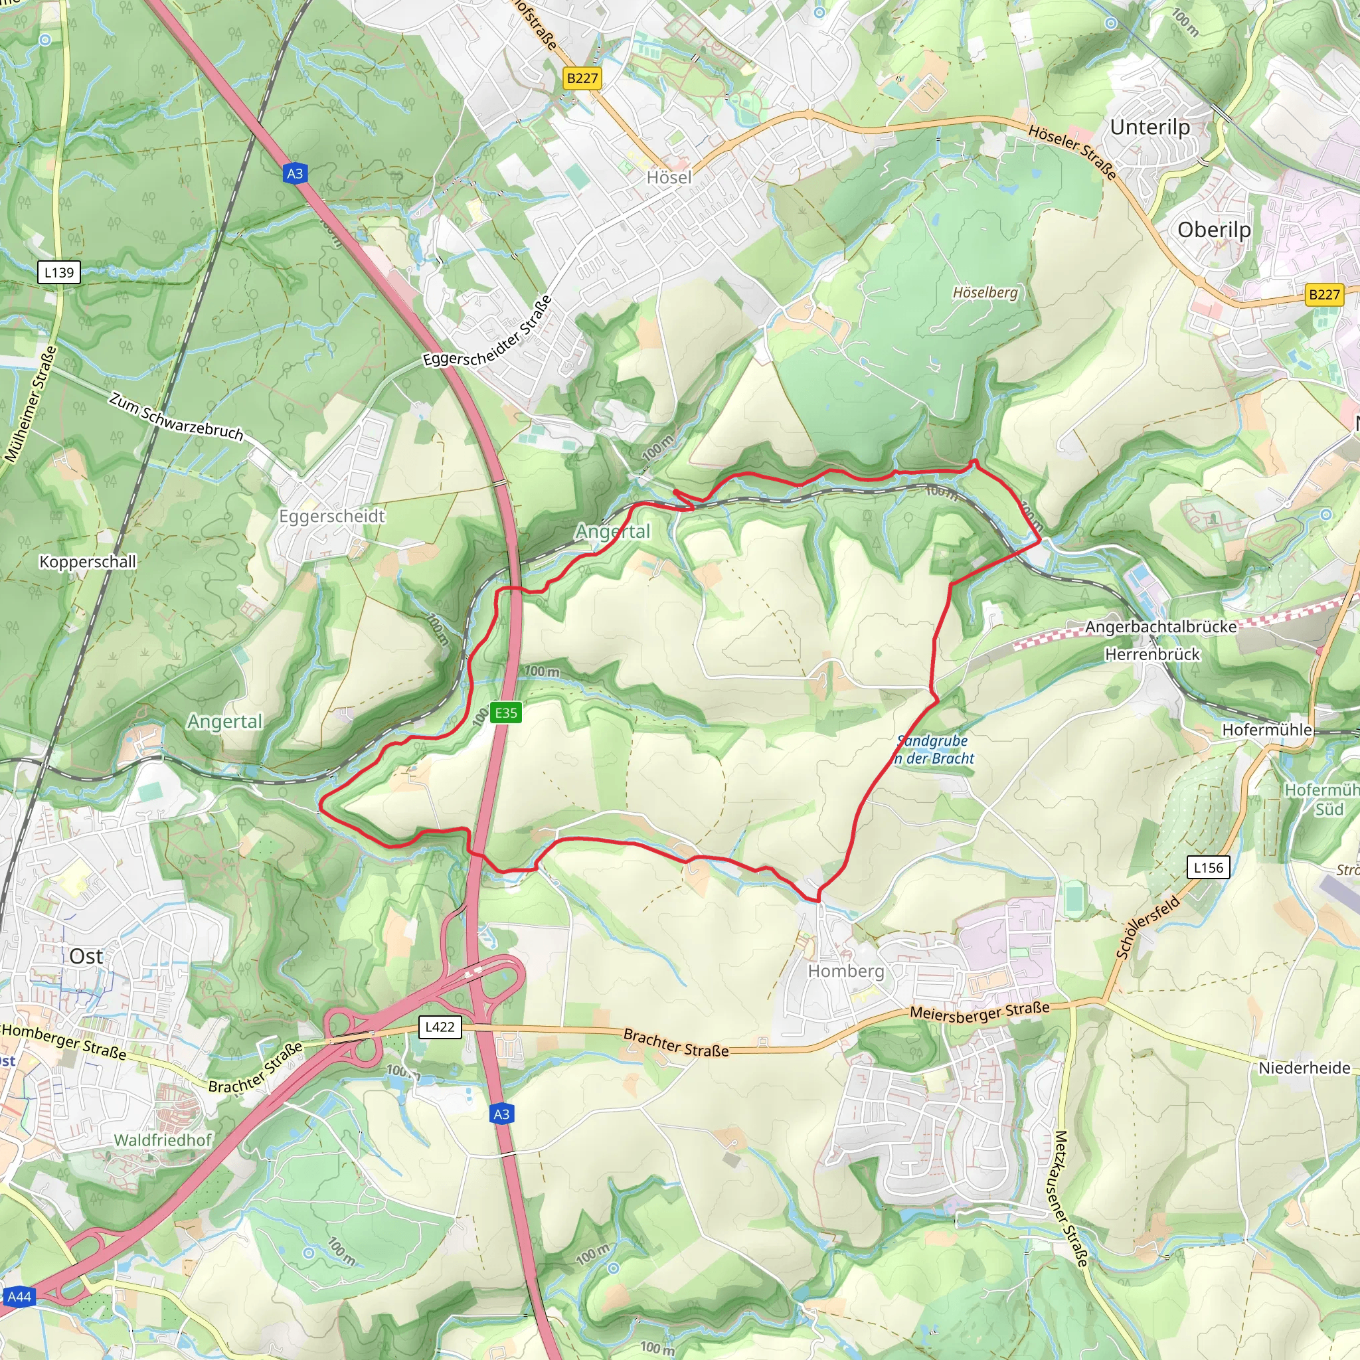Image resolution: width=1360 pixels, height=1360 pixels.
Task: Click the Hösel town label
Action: [669, 177]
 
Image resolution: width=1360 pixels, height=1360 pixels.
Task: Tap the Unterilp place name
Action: [1149, 127]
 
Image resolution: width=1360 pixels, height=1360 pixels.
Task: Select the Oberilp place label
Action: [1214, 230]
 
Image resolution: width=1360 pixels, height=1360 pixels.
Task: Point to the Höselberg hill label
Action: [985, 292]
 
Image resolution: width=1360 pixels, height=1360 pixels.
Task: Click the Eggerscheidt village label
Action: [331, 516]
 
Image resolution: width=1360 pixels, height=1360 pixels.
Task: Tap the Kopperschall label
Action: [87, 562]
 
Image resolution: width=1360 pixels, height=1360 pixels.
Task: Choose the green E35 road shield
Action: [505, 713]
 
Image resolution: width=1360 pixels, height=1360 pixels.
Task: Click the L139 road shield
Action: [58, 272]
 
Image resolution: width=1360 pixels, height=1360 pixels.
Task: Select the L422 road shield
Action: [440, 1027]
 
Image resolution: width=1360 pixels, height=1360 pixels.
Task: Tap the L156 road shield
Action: [1208, 867]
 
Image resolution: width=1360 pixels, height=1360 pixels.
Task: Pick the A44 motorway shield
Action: [19, 1297]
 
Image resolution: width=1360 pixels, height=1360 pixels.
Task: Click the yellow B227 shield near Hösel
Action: [582, 78]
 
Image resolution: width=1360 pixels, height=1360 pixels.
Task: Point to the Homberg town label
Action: [845, 972]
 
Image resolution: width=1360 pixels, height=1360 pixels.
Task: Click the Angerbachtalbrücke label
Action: [1160, 626]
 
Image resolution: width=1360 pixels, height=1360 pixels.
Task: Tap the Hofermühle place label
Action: [1266, 729]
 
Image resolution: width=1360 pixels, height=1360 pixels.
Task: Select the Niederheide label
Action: [1304, 1068]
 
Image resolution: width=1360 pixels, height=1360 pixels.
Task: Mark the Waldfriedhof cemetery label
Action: [163, 1140]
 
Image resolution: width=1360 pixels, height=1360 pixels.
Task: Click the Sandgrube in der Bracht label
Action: [934, 750]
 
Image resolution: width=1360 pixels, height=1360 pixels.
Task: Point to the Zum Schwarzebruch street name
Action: [176, 417]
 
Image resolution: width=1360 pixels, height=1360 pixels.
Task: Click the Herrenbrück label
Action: [1151, 654]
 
